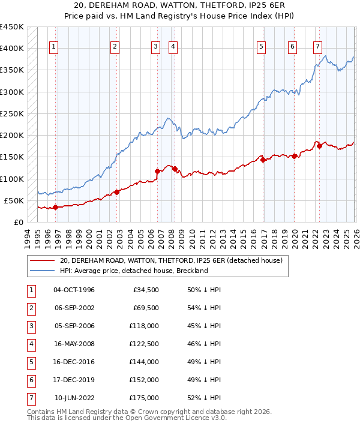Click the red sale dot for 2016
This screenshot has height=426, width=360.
(263, 160)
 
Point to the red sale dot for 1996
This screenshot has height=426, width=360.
(56, 207)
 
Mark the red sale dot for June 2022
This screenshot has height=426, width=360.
(319, 146)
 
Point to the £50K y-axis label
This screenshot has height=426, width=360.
(14, 200)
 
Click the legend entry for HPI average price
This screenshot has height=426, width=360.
(133, 271)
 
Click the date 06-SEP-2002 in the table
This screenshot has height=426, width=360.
(74, 308)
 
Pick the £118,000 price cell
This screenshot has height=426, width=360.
(144, 326)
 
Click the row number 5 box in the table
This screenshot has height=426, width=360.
(29, 362)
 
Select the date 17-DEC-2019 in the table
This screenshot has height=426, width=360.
(74, 380)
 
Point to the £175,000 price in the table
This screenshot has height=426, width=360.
(144, 398)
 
